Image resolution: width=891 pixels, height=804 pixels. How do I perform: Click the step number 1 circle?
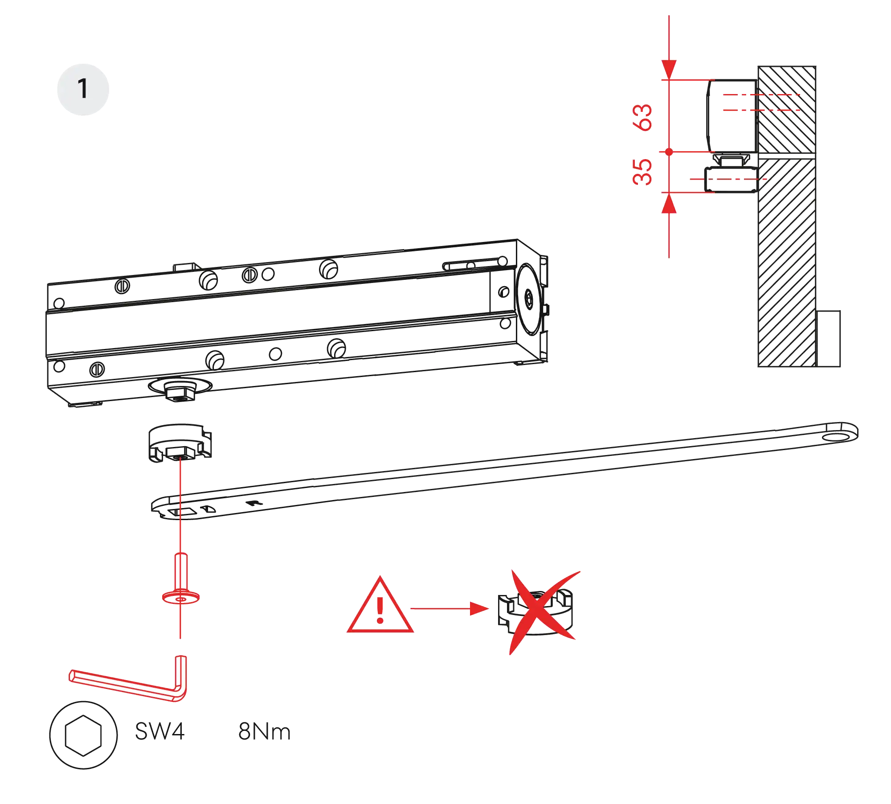click(x=83, y=89)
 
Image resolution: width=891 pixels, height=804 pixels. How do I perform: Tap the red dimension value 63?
click(x=642, y=117)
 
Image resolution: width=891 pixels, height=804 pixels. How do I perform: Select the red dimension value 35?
click(x=642, y=171)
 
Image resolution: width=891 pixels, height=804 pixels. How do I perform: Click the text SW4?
click(x=159, y=732)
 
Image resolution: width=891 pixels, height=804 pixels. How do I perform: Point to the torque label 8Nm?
click(x=265, y=732)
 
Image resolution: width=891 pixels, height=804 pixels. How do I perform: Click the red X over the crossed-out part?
click(x=541, y=611)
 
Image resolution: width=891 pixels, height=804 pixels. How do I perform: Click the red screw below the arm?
click(x=180, y=584)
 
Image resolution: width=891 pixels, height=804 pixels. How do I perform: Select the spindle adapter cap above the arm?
click(x=180, y=442)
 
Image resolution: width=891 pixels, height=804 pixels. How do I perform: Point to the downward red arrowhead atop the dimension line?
click(x=669, y=70)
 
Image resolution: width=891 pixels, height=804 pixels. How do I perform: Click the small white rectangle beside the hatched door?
click(x=829, y=339)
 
